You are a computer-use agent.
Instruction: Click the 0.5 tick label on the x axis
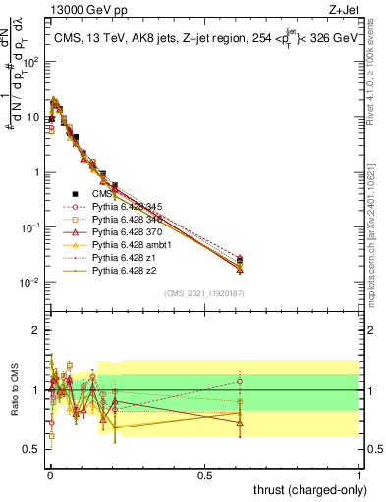(x=204, y=475)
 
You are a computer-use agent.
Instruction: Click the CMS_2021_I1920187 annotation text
(x=203, y=292)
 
